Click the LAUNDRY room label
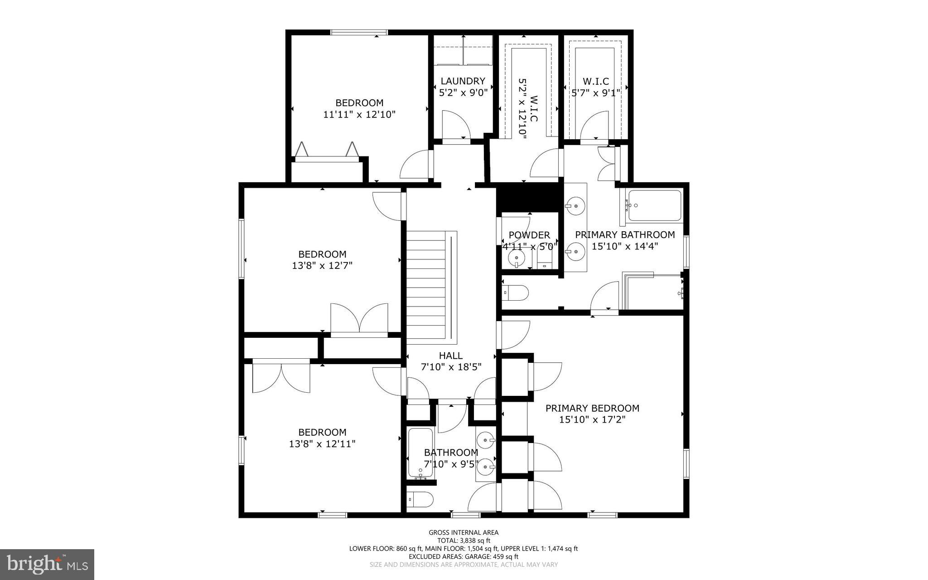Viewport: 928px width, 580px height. click(463, 81)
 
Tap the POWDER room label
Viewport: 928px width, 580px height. click(529, 235)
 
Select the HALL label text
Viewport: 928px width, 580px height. click(450, 356)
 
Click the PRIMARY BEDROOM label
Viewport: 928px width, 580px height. click(592, 408)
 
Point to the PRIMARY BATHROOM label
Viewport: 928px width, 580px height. click(624, 234)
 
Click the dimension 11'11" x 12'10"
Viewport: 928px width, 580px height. click(359, 114)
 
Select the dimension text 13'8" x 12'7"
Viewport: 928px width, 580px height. click(322, 266)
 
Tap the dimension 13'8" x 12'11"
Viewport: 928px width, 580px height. click(322, 444)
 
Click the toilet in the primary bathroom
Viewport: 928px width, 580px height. click(516, 293)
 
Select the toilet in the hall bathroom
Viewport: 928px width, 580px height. click(420, 499)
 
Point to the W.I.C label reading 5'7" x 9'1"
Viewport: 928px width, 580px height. click(595, 87)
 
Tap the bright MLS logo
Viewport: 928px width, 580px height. click(47, 564)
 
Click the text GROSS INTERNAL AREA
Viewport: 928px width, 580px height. click(464, 532)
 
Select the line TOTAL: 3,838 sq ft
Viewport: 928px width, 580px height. click(464, 541)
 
